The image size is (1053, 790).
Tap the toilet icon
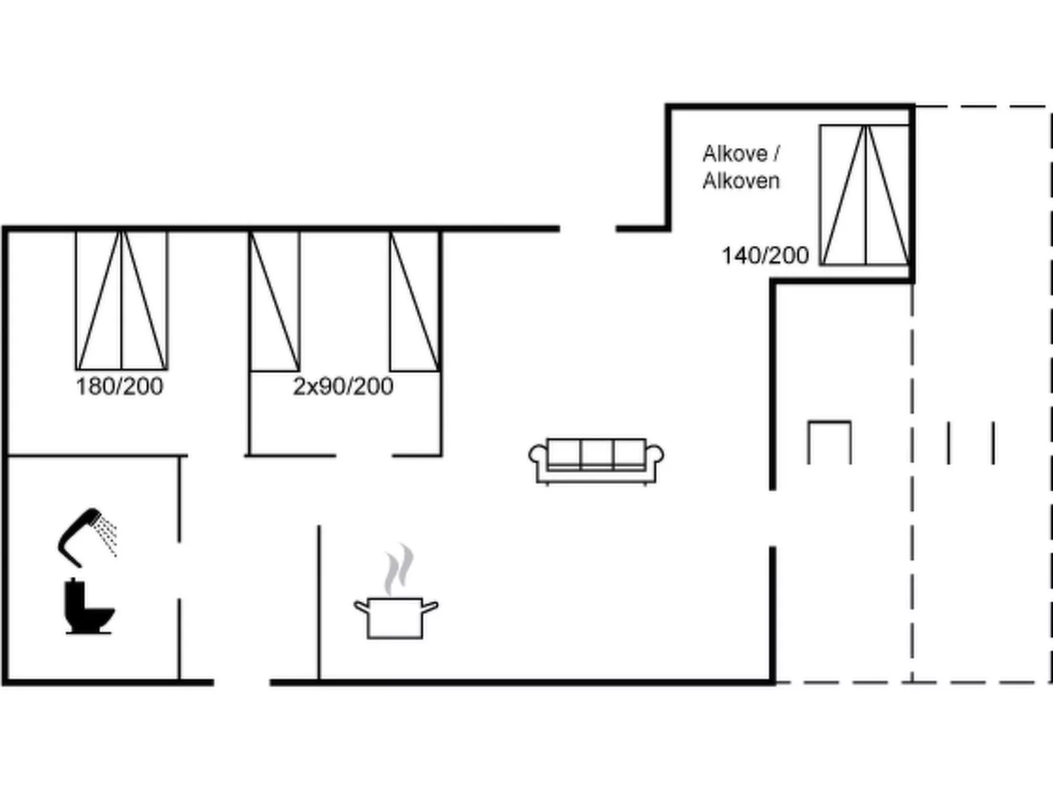click(x=89, y=607)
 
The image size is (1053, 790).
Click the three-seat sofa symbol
click(x=596, y=460)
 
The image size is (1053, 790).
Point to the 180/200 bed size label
click(x=119, y=386)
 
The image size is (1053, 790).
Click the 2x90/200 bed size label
click(x=343, y=386)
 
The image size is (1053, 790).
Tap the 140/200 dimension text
click(x=765, y=255)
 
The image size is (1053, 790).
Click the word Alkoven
click(x=741, y=180)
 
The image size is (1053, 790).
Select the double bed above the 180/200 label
click(x=121, y=300)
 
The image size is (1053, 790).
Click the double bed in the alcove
click(x=865, y=195)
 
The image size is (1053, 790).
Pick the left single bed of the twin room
click(x=274, y=301)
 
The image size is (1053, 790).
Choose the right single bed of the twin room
click(x=414, y=301)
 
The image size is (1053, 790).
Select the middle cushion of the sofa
click(x=596, y=452)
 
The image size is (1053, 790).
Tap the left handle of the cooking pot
click(x=361, y=606)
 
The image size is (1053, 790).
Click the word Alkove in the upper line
click(x=734, y=153)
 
